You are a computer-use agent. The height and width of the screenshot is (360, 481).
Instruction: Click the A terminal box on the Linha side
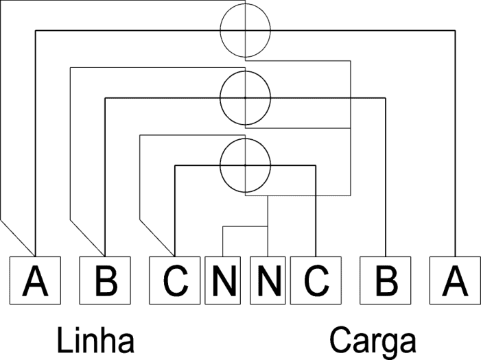[x=35, y=280]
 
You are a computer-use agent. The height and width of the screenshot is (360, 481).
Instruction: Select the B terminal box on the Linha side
[x=105, y=280]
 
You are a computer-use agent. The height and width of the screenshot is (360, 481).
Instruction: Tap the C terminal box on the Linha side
[x=175, y=280]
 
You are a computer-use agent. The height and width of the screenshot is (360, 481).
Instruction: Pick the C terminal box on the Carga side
[x=316, y=280]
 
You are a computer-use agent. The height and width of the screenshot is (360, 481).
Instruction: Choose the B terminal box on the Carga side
[x=386, y=280]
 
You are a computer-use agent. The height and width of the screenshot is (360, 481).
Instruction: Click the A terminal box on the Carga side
[x=455, y=280]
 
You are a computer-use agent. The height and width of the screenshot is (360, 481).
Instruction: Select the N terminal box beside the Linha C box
[x=223, y=280]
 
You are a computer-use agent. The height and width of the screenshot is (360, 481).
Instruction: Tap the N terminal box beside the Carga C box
[x=268, y=280]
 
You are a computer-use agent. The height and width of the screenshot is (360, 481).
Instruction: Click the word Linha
[x=95, y=339]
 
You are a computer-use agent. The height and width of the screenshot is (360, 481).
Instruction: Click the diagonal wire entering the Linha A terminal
[x=17, y=238]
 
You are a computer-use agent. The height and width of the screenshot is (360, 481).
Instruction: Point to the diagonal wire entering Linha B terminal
[x=87, y=238]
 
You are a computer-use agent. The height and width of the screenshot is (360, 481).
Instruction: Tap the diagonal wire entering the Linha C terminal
[x=157, y=238]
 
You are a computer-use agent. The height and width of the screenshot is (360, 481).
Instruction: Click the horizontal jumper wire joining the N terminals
[x=245, y=226]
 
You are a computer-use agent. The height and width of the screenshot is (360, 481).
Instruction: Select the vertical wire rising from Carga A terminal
[x=455, y=143]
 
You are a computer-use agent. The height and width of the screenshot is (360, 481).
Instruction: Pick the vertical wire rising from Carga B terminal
[x=386, y=177]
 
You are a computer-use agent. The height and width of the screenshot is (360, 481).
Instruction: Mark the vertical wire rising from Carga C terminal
[x=316, y=211]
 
